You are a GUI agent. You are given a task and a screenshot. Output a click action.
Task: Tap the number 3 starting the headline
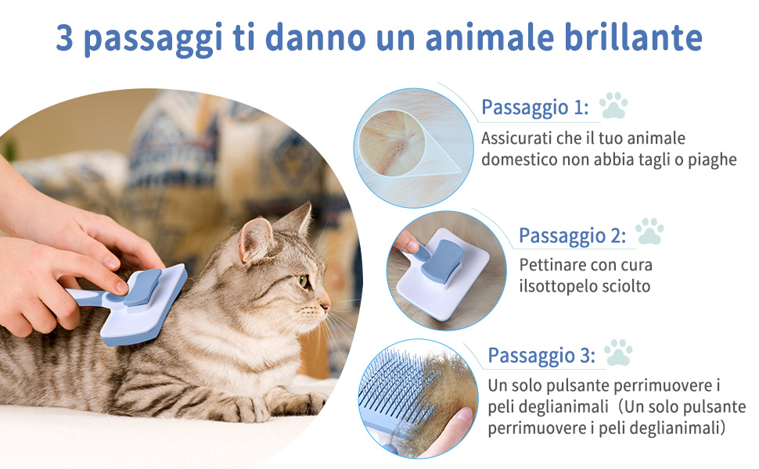point(64,38)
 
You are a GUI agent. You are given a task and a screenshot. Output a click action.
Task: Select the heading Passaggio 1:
point(535,107)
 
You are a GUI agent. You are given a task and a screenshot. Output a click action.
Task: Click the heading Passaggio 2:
point(572,235)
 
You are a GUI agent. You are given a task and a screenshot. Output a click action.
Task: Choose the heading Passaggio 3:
point(541,356)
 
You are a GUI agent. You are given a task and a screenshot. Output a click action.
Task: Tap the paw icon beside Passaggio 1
point(613,106)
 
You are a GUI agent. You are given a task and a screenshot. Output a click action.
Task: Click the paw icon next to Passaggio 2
point(649,231)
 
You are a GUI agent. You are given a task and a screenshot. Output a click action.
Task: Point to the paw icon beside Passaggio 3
point(619,352)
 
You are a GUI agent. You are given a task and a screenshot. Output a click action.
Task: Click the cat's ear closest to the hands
point(255,239)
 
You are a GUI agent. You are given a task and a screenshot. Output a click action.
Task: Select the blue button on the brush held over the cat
point(142,288)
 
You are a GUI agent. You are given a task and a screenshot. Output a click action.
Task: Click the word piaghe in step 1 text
point(712,160)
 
